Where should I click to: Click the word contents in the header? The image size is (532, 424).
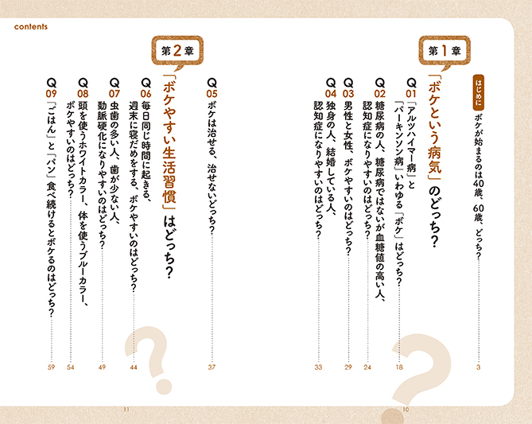(x=31, y=27)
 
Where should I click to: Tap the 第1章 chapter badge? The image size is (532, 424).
(x=445, y=52)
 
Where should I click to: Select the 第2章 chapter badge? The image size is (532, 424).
(x=177, y=52)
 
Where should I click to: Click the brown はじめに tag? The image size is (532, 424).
(x=479, y=92)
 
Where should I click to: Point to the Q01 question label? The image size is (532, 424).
(x=411, y=88)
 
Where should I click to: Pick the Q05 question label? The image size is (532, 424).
(x=212, y=88)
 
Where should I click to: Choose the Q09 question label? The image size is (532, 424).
(x=51, y=88)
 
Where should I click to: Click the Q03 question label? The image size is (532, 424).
(x=348, y=88)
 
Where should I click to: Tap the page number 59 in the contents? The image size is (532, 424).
(x=51, y=367)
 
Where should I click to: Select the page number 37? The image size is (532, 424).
(x=212, y=367)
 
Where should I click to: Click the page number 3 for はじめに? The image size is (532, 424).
(x=479, y=367)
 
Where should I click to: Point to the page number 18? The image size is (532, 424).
(x=399, y=367)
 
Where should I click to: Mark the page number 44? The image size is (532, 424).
(x=134, y=367)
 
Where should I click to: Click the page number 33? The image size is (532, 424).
(x=318, y=367)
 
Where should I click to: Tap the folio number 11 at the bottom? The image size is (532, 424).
(x=126, y=410)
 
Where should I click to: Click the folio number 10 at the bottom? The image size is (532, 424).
(x=406, y=410)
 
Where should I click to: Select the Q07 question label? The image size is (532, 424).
(x=115, y=88)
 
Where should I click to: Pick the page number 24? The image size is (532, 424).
(x=367, y=367)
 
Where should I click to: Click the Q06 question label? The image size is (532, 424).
(x=146, y=88)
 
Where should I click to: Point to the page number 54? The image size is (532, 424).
(x=70, y=367)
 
